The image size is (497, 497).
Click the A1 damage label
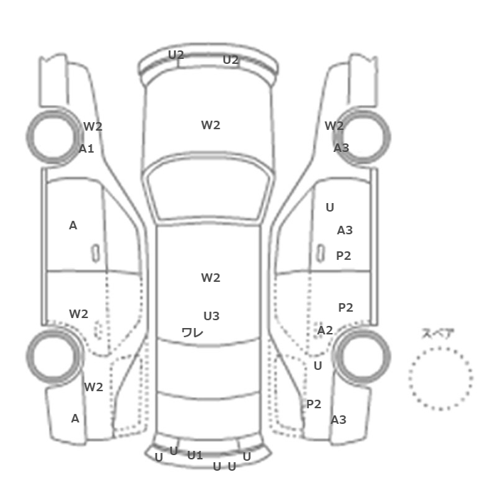click(86, 148)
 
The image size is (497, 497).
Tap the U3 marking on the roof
click(212, 316)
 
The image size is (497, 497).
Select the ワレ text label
click(192, 332)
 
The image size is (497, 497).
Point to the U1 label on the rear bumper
click(195, 456)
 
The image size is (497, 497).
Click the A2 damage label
click(325, 330)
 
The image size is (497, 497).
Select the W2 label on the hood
click(211, 125)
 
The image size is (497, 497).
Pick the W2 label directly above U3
click(211, 278)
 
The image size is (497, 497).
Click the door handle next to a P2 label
click(321, 253)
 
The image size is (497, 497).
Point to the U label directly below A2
click(318, 366)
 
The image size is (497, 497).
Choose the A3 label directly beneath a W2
click(342, 148)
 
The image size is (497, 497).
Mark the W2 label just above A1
click(93, 126)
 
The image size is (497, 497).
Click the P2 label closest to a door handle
click(344, 256)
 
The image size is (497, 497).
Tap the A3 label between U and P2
click(345, 230)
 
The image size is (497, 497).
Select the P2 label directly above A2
click(346, 307)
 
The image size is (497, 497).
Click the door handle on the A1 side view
click(95, 253)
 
